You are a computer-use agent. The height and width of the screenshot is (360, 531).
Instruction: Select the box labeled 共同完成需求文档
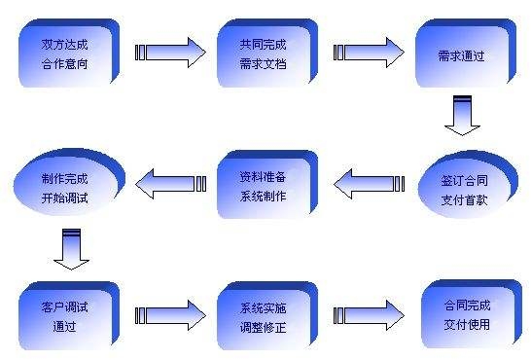pos(265,54)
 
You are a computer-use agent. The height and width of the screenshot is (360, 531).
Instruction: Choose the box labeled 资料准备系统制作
pos(265,184)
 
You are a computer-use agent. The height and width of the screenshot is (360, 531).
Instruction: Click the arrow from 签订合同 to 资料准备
pos(369,183)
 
